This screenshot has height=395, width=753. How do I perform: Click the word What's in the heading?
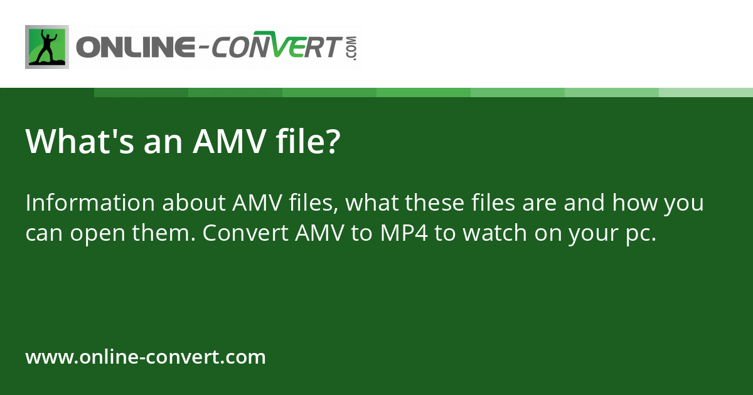click(67, 142)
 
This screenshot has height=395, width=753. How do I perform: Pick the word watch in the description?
click(484, 233)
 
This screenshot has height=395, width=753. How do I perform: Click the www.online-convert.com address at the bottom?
click(146, 357)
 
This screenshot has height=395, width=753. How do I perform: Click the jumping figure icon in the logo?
click(46, 47)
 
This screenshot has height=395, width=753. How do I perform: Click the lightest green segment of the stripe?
click(706, 92)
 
